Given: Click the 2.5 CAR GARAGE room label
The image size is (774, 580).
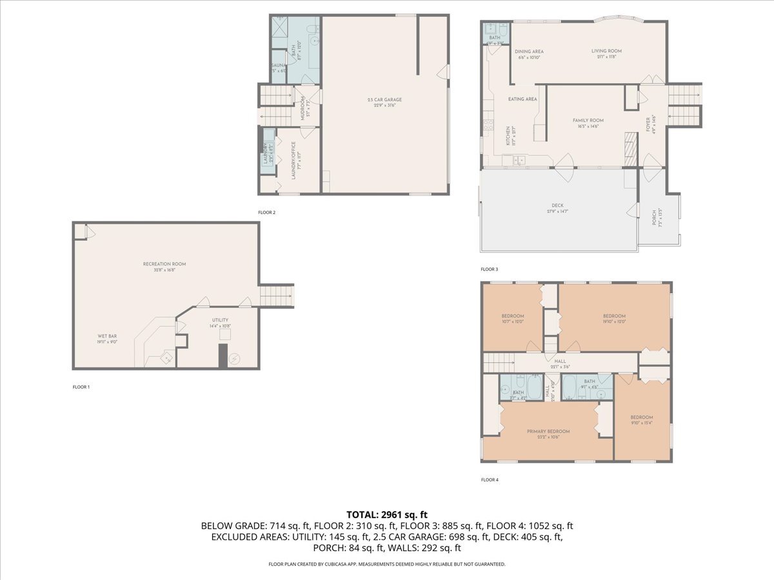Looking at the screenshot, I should (384, 100).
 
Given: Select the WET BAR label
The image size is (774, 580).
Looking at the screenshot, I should (107, 336).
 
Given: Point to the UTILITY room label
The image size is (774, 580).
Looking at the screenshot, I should (220, 320).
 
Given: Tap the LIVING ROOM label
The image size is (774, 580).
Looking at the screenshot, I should (606, 51).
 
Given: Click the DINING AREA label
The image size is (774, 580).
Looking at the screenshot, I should (528, 52).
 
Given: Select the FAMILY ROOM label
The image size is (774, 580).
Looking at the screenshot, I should (588, 121).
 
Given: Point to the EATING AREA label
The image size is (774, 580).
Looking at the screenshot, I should (522, 99).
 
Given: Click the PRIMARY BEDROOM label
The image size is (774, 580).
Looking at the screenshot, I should (548, 431).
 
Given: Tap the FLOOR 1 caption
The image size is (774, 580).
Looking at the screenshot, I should (81, 387).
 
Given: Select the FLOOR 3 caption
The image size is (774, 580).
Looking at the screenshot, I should (489, 269).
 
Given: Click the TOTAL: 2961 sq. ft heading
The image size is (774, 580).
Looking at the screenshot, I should (387, 514).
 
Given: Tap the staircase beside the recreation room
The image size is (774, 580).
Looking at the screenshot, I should (277, 296).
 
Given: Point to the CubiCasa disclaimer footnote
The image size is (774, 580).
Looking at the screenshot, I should (387, 564).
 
